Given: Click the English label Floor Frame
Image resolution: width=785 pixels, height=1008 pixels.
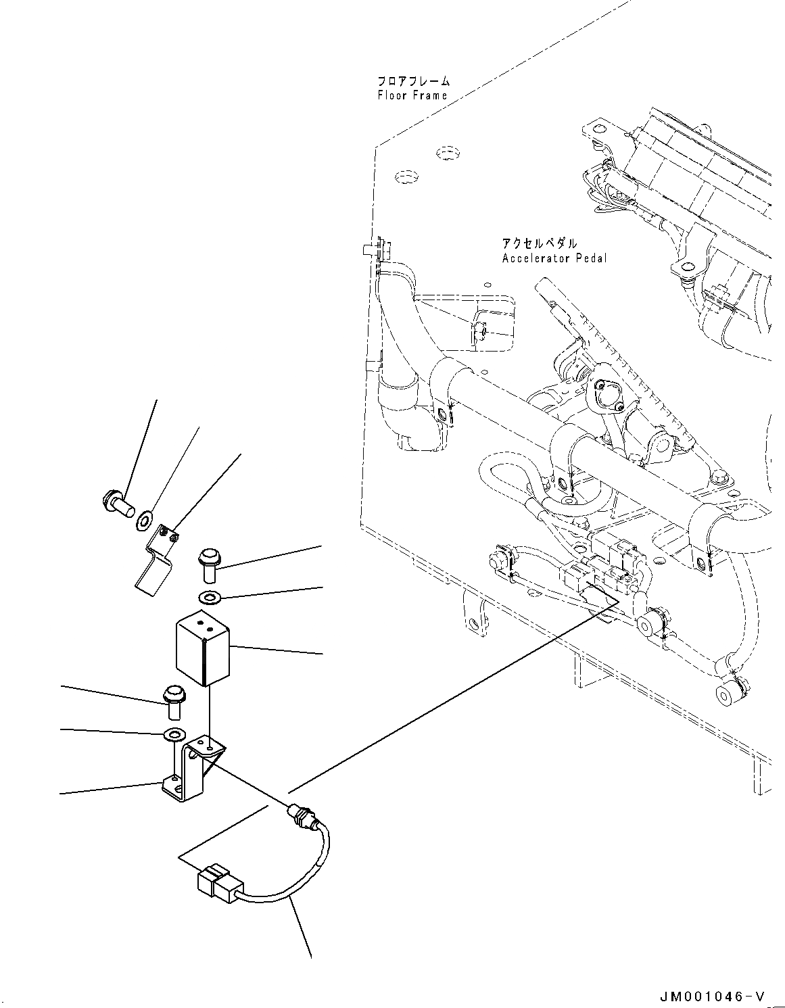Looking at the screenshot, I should coord(412,95).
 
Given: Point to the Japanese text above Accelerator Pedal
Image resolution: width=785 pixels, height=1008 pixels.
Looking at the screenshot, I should coord(539,243).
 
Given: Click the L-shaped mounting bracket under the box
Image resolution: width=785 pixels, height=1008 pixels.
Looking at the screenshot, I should coord(191,771).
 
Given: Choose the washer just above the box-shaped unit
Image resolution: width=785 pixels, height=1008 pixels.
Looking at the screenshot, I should coord(210,598).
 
